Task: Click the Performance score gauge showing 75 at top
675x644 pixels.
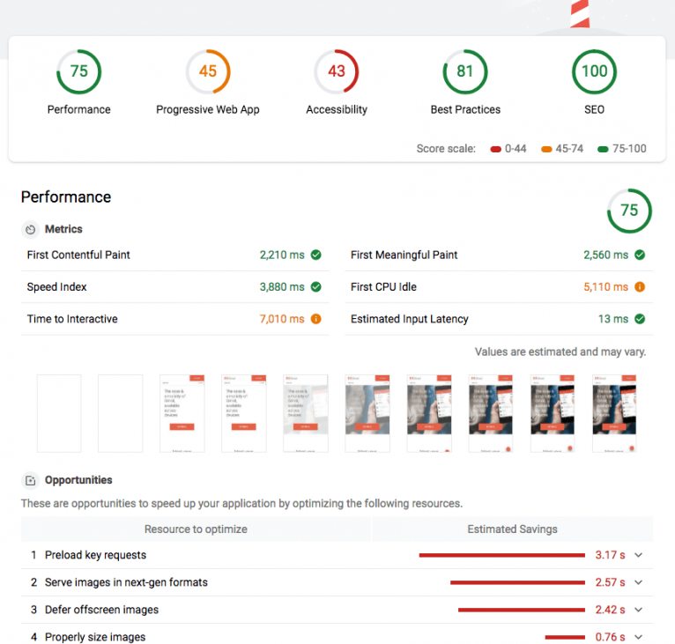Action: [79, 72]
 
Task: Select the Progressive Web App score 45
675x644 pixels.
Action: [208, 72]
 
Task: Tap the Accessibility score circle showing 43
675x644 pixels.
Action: [337, 72]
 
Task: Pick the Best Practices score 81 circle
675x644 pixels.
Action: [465, 72]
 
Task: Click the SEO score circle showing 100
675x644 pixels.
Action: [594, 72]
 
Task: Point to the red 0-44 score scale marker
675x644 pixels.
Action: [496, 149]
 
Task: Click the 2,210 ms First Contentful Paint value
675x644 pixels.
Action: [282, 255]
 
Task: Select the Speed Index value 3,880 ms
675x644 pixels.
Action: [282, 287]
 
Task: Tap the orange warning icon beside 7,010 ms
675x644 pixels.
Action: [315, 319]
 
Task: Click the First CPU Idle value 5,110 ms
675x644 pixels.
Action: [606, 287]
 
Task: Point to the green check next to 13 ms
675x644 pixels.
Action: [640, 319]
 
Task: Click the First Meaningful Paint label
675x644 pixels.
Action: [404, 255]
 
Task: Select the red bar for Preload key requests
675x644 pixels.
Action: [501, 555]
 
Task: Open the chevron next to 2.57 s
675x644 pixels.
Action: [639, 582]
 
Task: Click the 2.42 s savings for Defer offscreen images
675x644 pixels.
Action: [610, 610]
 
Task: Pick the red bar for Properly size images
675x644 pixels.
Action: [565, 637]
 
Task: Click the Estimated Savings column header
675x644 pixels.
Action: [512, 529]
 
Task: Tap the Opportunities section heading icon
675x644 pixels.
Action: [31, 480]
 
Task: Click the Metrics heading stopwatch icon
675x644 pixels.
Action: [31, 229]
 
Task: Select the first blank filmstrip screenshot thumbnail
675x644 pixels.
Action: [59, 413]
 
